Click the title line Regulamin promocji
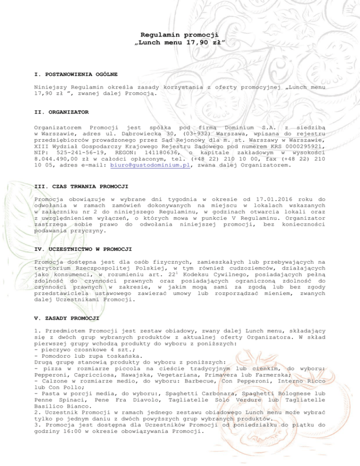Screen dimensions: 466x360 click(x=180, y=34)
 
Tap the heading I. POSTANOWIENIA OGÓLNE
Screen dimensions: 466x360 click(x=76, y=74)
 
